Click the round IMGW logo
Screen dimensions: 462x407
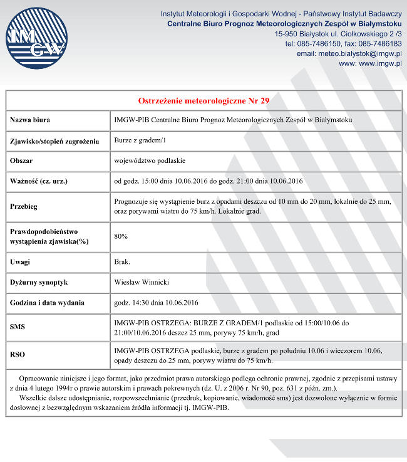36,39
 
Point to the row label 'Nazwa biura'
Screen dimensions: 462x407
30,120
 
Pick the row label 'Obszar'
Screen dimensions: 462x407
21,161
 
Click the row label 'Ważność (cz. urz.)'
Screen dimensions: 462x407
39,182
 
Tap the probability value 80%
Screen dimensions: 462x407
121,236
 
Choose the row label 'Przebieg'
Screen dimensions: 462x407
24,206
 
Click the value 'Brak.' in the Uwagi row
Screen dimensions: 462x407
122,261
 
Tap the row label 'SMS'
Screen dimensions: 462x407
18,327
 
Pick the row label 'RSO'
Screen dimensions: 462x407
18,355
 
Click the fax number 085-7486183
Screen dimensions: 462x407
380,44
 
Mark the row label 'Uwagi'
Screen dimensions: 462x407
20,261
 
